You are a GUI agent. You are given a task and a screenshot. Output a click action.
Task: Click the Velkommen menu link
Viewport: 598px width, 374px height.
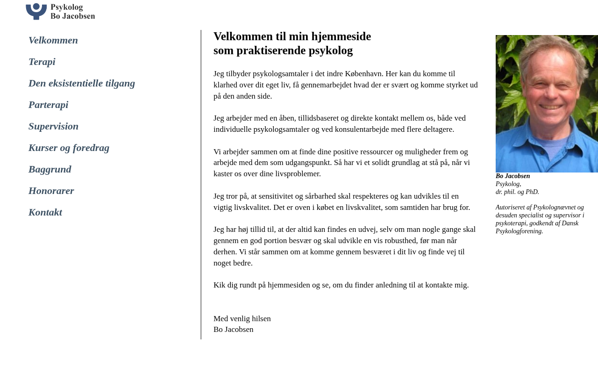tap(53, 41)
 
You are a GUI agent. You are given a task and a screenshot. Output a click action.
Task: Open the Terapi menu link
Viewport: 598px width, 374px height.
tap(42, 62)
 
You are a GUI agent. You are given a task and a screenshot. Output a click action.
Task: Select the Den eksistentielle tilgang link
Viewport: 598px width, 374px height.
tap(82, 84)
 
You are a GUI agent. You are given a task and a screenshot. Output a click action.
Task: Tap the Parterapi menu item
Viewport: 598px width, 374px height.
tap(49, 105)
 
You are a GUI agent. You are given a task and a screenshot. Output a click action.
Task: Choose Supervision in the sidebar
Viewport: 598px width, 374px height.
tap(54, 127)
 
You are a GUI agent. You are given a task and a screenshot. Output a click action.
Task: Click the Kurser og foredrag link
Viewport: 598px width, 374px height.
tap(69, 148)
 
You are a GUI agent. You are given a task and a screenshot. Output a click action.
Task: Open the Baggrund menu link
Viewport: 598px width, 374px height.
tap(50, 170)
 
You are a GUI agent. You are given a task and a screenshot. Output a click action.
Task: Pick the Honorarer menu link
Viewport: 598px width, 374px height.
tap(51, 191)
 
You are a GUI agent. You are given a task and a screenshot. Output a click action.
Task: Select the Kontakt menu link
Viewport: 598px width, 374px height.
tap(45, 213)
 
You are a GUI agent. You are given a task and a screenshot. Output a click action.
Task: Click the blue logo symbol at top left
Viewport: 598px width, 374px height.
tap(36, 11)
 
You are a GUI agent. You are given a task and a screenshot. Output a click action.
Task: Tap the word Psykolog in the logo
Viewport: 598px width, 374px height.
tap(67, 7)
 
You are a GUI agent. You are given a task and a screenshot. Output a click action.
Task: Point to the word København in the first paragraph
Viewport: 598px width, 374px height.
tap(364, 74)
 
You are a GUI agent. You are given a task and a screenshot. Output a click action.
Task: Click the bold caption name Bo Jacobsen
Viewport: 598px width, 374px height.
tap(513, 176)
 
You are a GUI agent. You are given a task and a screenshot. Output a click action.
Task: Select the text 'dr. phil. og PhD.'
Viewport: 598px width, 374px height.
tap(517, 192)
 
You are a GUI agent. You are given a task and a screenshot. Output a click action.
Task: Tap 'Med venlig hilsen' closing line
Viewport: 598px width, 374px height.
tap(242, 319)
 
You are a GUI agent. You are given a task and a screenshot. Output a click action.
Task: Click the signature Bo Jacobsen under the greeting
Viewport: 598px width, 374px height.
tap(234, 330)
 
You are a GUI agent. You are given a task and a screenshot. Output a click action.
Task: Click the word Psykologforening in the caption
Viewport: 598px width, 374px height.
tap(519, 231)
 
